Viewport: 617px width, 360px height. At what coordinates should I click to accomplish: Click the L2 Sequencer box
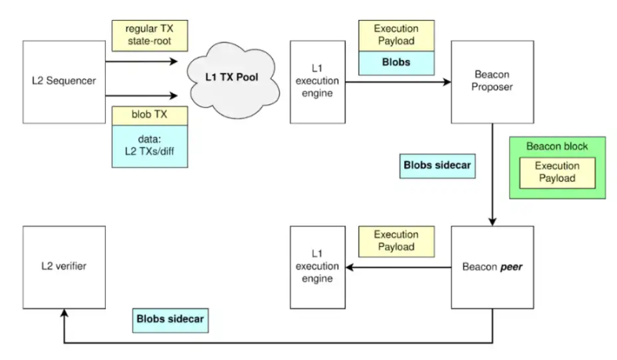[x=64, y=82]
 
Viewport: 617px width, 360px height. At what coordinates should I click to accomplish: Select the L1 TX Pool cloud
[x=233, y=80]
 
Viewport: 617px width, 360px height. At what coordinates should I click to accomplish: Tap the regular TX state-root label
[x=150, y=35]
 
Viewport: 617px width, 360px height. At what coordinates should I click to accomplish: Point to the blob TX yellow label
[x=150, y=115]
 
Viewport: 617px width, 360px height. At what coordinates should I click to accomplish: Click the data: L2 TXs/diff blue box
[x=150, y=146]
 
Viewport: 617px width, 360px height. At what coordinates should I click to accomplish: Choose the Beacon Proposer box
[x=492, y=82]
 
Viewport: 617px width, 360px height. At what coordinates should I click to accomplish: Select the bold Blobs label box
[x=397, y=63]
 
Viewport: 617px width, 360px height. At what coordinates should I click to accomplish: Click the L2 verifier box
[x=64, y=267]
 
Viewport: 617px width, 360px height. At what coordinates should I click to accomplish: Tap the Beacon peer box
[x=492, y=267]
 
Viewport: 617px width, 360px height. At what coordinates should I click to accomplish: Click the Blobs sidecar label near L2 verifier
[x=171, y=320]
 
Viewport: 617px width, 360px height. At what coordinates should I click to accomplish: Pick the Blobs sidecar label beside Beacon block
[x=437, y=166]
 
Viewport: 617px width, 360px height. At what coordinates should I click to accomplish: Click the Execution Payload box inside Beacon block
[x=558, y=173]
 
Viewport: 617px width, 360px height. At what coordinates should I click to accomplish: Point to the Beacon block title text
[x=557, y=146]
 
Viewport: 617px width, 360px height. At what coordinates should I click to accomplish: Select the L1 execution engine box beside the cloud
[x=318, y=82]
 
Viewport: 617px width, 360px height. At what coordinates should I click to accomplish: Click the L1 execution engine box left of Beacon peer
[x=318, y=267]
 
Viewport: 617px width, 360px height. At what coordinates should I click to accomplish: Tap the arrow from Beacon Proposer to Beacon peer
[x=492, y=174]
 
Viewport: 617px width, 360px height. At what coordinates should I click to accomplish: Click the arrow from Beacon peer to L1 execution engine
[x=398, y=268]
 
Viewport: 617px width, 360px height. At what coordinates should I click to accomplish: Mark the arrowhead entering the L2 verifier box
[x=64, y=313]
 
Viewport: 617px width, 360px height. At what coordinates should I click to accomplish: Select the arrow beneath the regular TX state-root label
[x=142, y=61]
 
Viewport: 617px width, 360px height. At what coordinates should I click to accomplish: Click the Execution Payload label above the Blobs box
[x=397, y=35]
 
